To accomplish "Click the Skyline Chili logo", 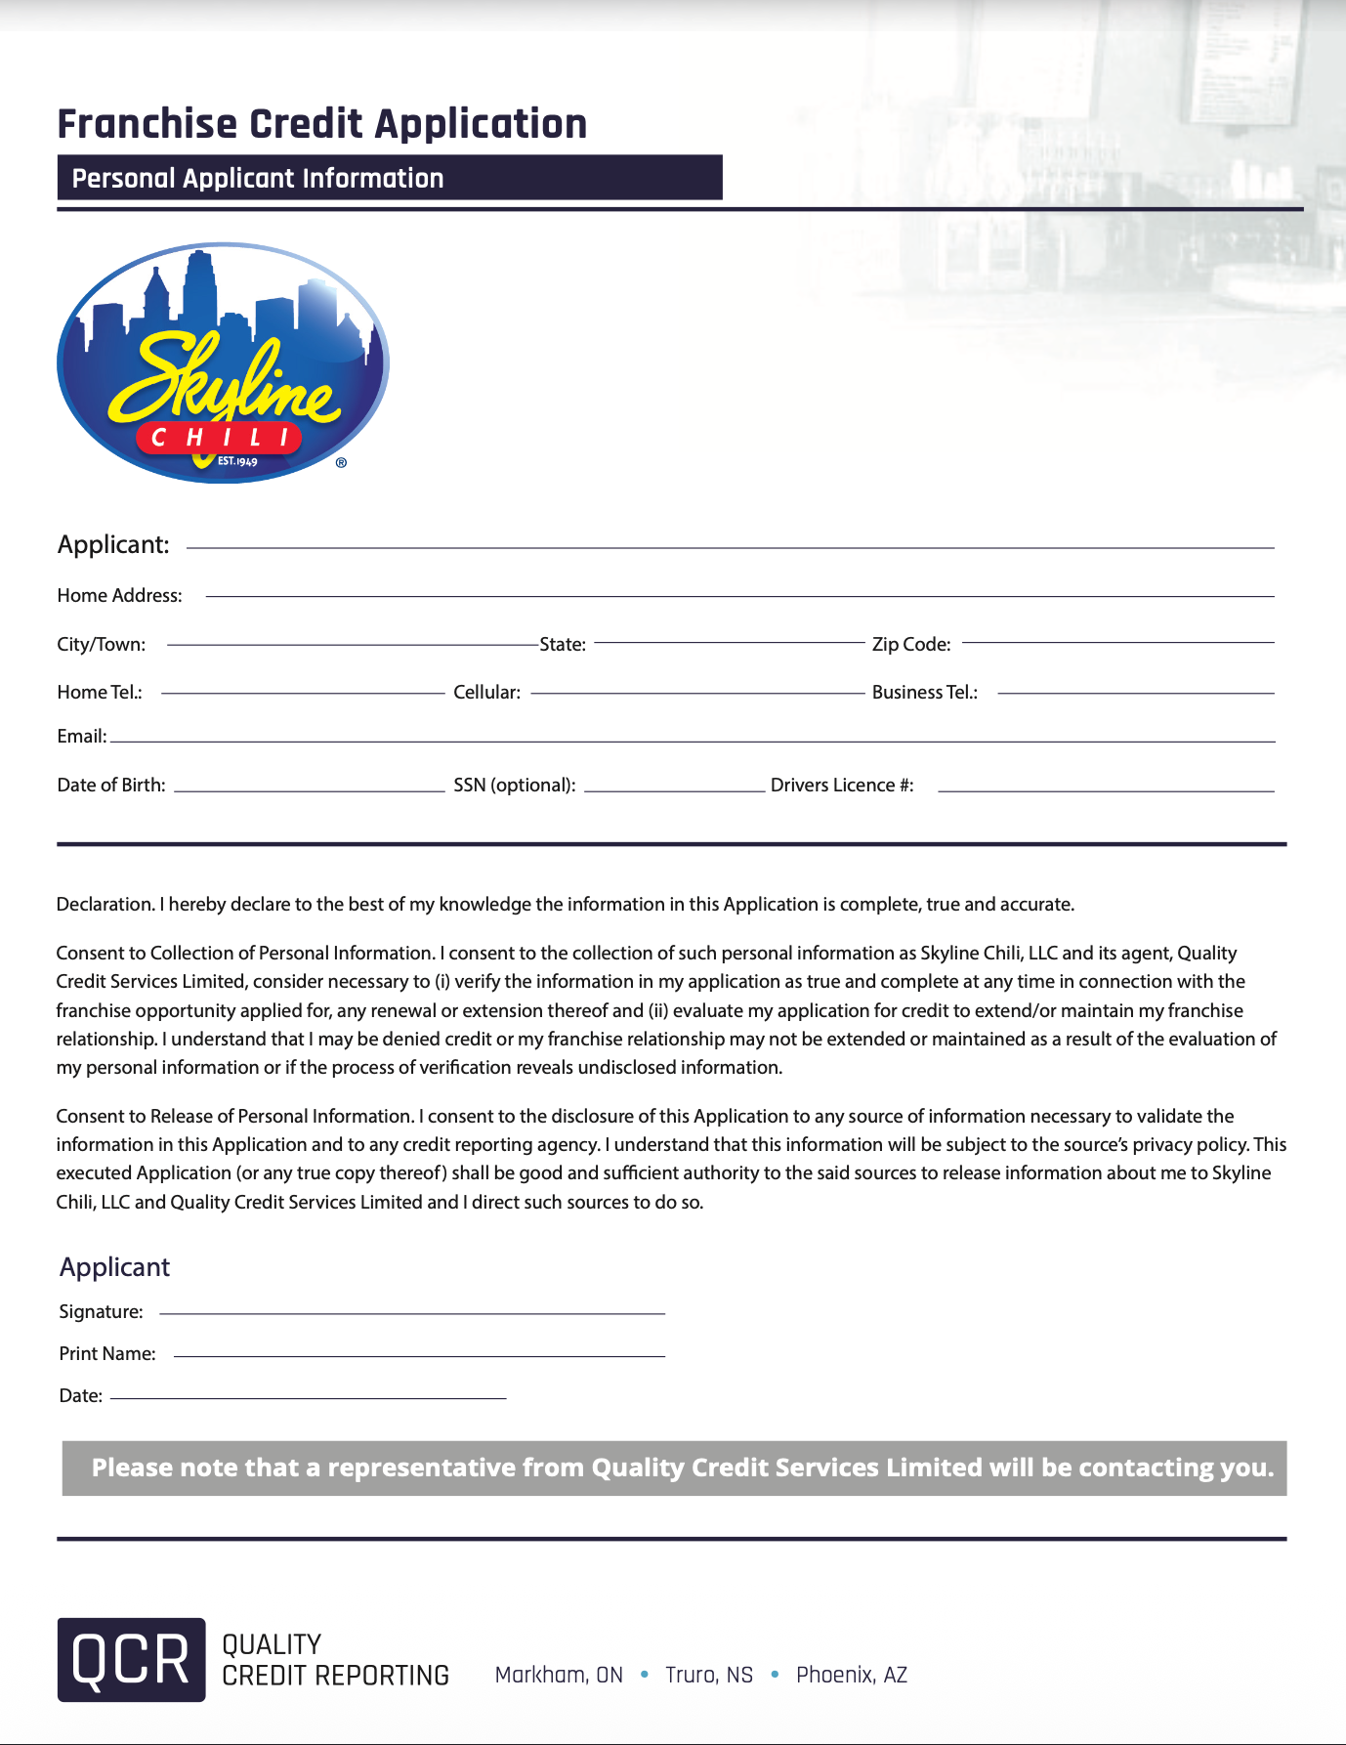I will [x=223, y=362].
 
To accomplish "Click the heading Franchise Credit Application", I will [x=322, y=124].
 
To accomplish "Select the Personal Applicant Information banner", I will [x=389, y=178].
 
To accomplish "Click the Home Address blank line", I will [x=739, y=593].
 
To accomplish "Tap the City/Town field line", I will [x=353, y=642].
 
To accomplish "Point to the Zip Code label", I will [x=910, y=644].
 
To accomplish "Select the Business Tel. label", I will [x=924, y=692].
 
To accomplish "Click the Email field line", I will [x=693, y=739].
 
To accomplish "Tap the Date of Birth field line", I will [x=309, y=787].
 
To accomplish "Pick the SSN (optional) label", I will [x=514, y=785].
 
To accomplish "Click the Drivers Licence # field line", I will [x=1106, y=787].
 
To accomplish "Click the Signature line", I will [x=411, y=1311].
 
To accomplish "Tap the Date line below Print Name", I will [x=308, y=1396].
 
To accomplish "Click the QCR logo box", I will [x=131, y=1659].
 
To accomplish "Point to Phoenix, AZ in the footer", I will [x=852, y=1675].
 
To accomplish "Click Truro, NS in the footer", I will [x=709, y=1675].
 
